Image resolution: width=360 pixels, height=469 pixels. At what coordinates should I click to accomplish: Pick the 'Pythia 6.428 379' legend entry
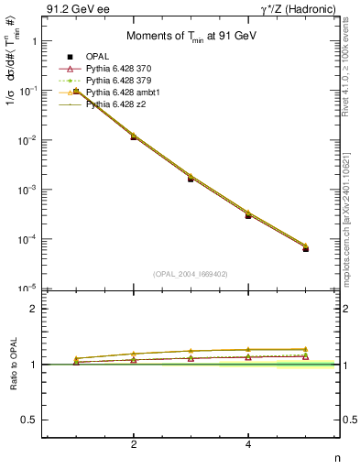tap(118, 80)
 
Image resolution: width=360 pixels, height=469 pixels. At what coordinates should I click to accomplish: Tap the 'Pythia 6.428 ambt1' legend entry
tap(123, 92)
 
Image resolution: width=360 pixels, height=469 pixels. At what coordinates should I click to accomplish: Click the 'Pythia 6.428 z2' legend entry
tap(115, 104)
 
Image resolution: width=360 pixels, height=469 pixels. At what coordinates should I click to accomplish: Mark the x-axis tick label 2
tap(134, 445)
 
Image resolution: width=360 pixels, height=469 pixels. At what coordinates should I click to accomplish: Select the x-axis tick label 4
tap(248, 445)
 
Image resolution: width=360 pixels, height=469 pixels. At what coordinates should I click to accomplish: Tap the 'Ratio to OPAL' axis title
tap(12, 365)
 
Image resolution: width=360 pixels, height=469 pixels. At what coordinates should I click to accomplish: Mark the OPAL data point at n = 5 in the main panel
tap(306, 248)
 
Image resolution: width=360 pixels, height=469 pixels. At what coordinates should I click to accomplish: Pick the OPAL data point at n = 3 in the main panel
tap(191, 179)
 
